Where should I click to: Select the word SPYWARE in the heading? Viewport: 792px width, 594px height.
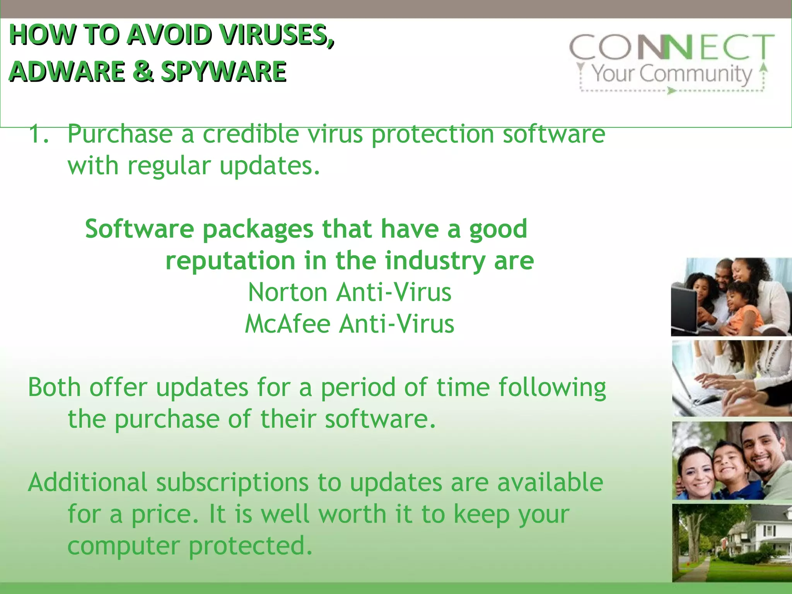click(224, 72)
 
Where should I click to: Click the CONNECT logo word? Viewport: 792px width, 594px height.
click(672, 47)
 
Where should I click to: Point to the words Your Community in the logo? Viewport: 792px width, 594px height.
click(672, 73)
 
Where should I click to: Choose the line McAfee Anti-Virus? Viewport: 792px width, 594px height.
click(350, 324)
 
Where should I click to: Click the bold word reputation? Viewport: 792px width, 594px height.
click(230, 261)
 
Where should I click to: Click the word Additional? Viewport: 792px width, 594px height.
click(88, 482)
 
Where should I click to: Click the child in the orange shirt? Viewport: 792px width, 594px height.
click(743, 309)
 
